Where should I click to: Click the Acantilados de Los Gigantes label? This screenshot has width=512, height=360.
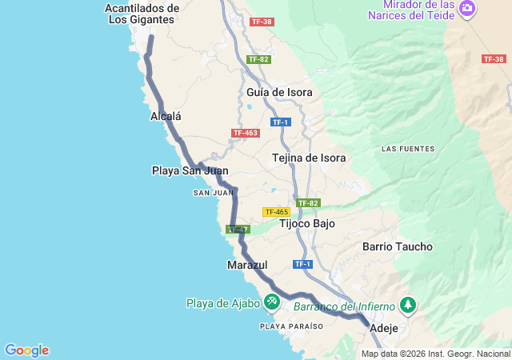click(142, 14)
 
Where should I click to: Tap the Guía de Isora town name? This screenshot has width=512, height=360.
click(279, 92)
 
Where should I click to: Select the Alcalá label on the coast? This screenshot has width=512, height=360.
click(166, 116)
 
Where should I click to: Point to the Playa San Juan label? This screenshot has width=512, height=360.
click(190, 170)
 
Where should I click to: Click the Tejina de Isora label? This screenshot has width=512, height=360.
click(309, 158)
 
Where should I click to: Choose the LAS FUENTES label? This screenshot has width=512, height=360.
click(408, 149)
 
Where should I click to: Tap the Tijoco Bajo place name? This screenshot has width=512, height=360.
click(307, 224)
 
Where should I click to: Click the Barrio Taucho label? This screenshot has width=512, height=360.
click(397, 247)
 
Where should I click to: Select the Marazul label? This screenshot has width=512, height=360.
click(247, 265)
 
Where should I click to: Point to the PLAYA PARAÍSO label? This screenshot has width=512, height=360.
click(291, 326)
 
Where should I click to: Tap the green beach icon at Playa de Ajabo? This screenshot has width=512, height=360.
click(272, 302)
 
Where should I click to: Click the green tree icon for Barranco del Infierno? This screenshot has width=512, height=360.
click(408, 305)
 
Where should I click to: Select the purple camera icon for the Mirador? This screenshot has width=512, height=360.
click(467, 10)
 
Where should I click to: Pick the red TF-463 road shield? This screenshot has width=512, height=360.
click(245, 133)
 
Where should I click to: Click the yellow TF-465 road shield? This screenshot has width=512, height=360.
click(275, 212)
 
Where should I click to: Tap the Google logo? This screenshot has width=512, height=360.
click(26, 350)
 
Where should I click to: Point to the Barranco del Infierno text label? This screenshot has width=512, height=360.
click(344, 306)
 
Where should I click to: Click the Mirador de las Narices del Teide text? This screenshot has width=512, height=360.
click(413, 10)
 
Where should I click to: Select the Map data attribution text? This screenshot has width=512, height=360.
click(435, 354)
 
